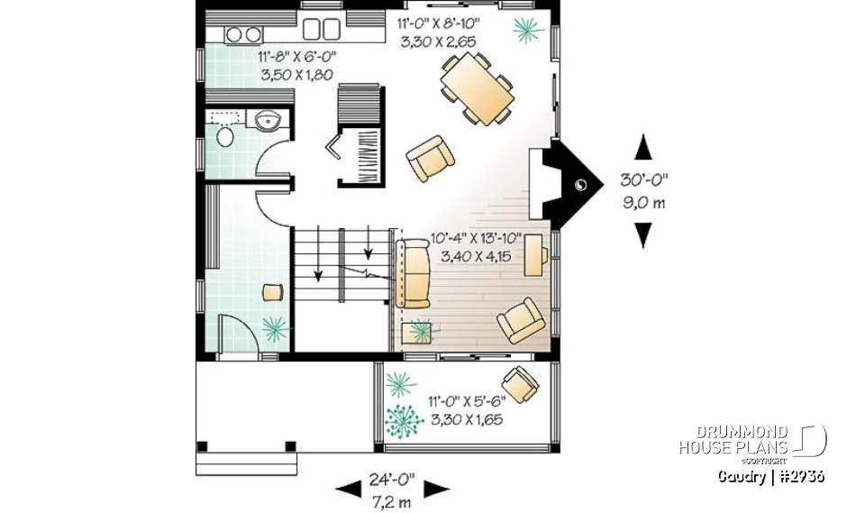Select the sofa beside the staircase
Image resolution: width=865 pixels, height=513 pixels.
pyautogui.click(x=415, y=274)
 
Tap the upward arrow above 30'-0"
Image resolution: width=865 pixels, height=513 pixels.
pyautogui.click(x=642, y=145)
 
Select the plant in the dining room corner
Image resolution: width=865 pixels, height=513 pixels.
pyautogui.click(x=528, y=31)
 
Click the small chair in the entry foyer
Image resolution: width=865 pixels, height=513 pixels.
pyautogui.click(x=272, y=291)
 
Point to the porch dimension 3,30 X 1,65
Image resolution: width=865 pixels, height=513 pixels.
pyautogui.click(x=466, y=419)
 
